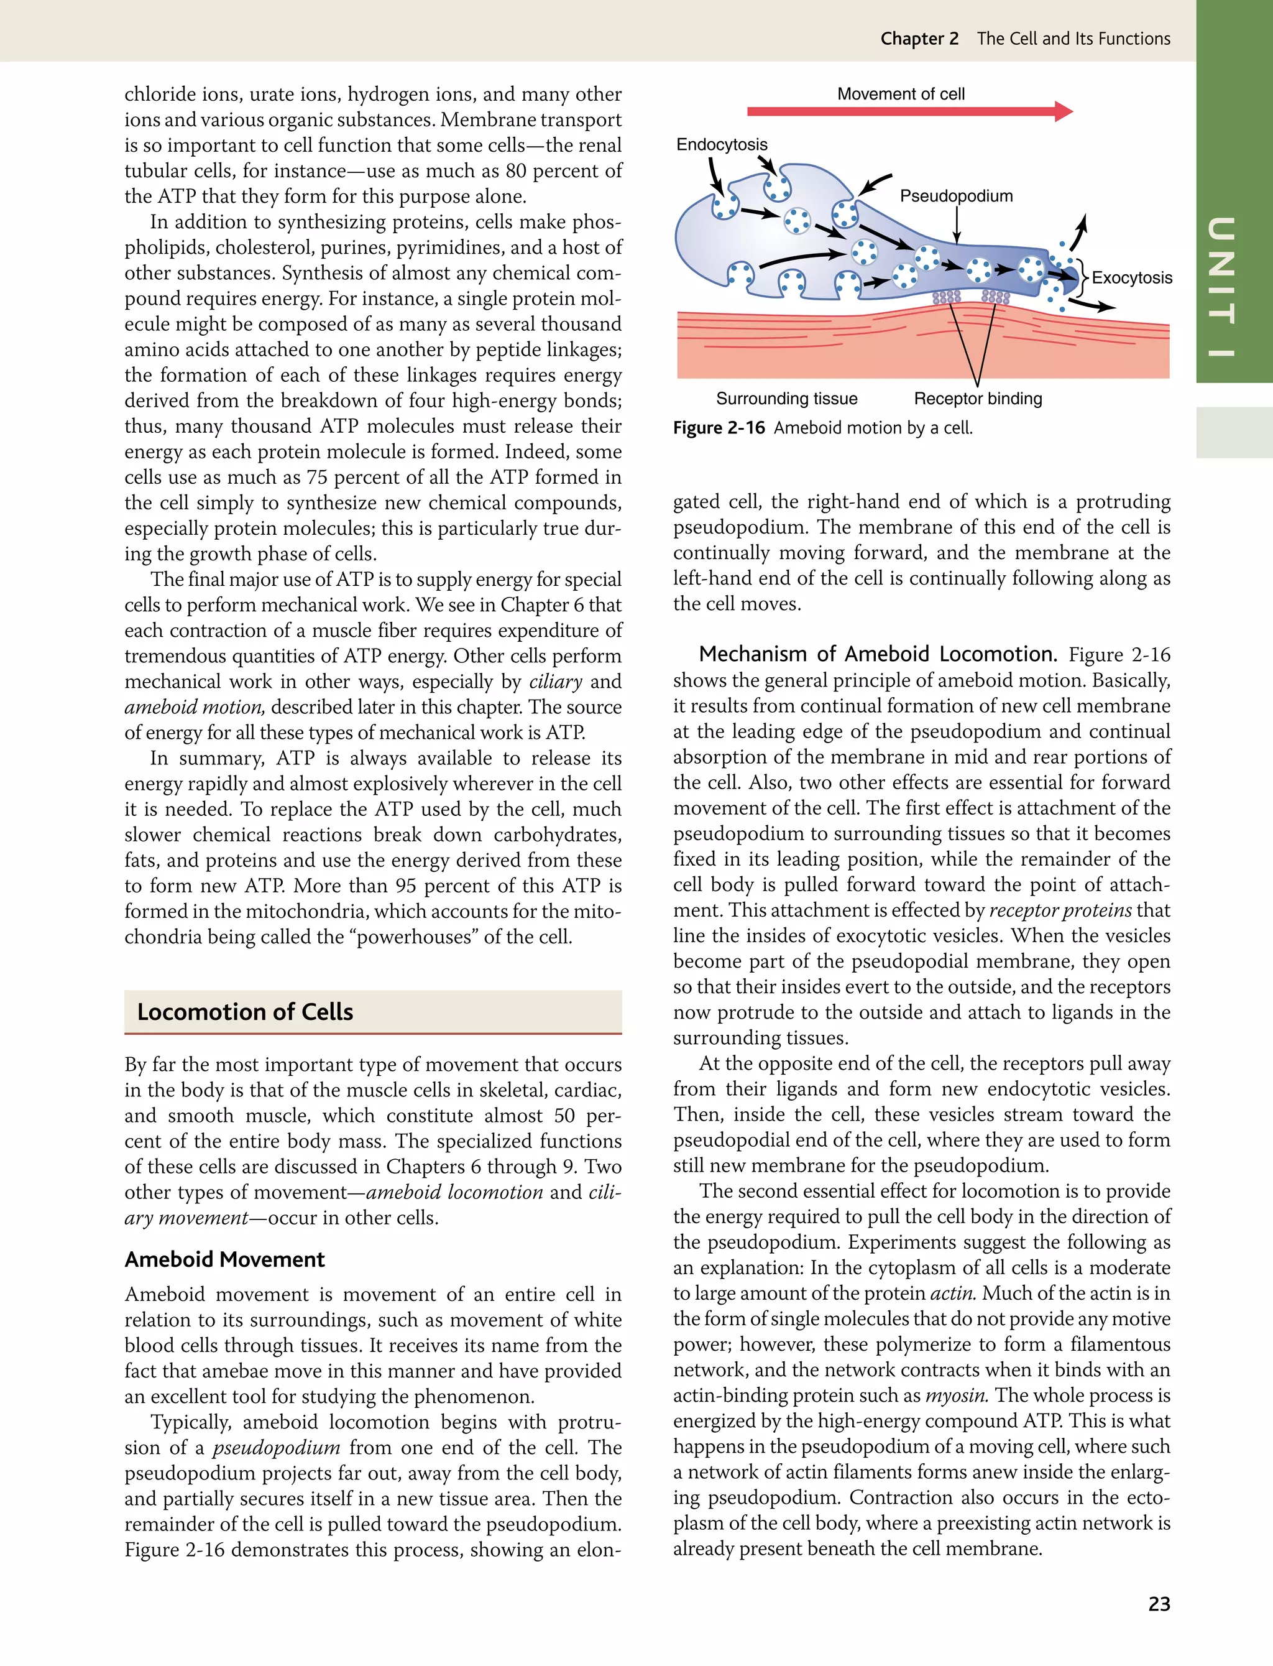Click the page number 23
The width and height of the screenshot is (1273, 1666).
[x=1159, y=1604]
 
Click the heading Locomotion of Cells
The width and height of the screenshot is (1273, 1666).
[x=245, y=1012]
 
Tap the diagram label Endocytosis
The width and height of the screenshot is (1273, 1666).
[x=722, y=145]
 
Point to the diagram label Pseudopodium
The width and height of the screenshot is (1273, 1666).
[x=955, y=197]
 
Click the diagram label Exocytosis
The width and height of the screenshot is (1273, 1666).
[x=1131, y=278]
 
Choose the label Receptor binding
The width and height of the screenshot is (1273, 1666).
[x=978, y=399]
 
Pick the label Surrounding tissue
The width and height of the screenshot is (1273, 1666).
[x=786, y=399]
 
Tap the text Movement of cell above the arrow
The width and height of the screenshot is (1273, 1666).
[x=900, y=94]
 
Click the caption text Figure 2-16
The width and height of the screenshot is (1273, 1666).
[x=719, y=428]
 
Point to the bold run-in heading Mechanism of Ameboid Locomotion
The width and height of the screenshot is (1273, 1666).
[x=878, y=654]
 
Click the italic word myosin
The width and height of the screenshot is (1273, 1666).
[x=956, y=1395]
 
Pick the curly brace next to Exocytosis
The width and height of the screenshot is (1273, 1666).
[x=1083, y=277]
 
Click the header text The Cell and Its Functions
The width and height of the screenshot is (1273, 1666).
[x=1073, y=39]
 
